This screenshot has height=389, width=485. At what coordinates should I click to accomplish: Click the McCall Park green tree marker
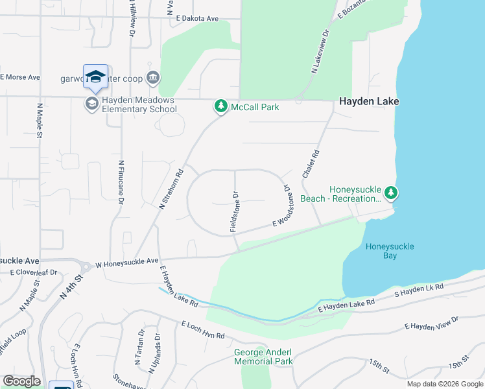(220, 106)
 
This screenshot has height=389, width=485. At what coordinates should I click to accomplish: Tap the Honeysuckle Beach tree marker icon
(390, 193)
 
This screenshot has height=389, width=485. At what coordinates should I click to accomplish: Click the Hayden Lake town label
(369, 101)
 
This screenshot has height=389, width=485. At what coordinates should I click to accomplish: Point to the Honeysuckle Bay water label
(390, 251)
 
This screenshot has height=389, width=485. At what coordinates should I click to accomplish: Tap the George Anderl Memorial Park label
(263, 357)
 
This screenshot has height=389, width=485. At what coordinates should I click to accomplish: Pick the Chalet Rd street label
(312, 165)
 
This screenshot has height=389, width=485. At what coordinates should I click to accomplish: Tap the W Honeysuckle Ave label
(127, 263)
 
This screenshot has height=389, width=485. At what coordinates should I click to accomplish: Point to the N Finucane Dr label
(121, 183)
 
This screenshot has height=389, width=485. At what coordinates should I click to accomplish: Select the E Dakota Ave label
(197, 19)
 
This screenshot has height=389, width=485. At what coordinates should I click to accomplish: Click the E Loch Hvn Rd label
(203, 330)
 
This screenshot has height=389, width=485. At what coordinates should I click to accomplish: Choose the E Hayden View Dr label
(431, 323)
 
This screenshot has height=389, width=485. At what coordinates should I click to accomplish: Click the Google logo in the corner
(21, 381)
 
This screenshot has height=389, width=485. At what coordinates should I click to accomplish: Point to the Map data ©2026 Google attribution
(445, 384)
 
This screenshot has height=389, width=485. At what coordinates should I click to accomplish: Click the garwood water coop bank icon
(154, 79)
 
